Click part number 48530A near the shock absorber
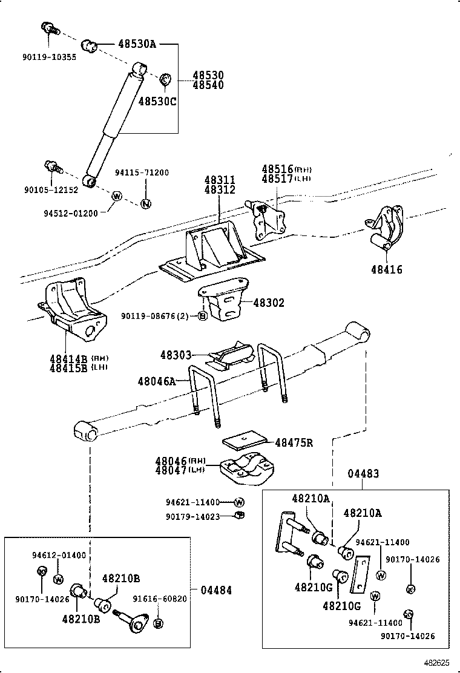137,44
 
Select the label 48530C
157,101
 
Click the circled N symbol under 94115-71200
145,203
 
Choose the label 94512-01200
70,213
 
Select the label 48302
268,303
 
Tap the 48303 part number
176,355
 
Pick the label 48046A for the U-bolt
156,381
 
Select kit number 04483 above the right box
363,474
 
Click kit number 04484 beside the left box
216,590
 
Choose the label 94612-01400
59,554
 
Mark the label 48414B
69,358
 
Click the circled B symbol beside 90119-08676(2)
203,316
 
